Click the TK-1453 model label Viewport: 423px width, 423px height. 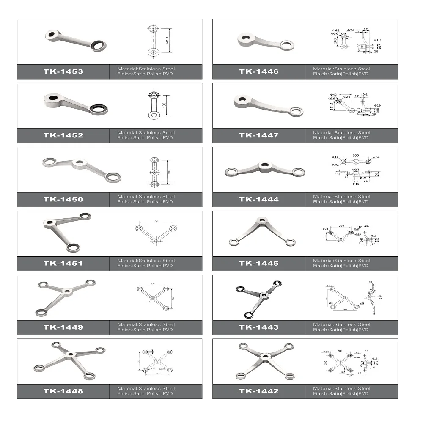point(63,71)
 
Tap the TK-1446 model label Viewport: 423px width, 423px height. point(258,71)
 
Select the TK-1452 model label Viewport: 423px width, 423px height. point(63,135)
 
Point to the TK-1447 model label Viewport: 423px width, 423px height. point(258,135)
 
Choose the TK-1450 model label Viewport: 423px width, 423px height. point(63,199)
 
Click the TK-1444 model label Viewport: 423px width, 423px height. point(258,199)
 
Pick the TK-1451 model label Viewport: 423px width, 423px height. point(63,263)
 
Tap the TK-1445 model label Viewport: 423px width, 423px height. point(258,263)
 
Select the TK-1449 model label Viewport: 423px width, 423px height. point(63,327)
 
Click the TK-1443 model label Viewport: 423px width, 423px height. point(258,327)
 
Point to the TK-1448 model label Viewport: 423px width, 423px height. point(63,391)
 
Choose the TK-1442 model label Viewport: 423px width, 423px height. point(258,391)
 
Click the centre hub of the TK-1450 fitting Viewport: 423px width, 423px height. point(78,162)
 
